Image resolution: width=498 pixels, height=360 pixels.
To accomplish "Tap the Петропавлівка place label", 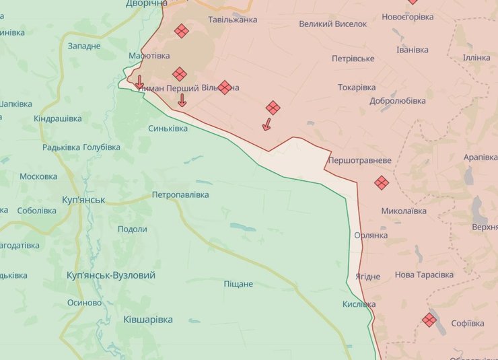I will pos(180,194).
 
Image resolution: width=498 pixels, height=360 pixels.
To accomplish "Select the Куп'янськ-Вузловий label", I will pos(111,275).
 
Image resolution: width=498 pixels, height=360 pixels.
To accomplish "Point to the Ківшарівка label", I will pos(148,319).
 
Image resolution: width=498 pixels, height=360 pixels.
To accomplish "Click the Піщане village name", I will pos(238,283).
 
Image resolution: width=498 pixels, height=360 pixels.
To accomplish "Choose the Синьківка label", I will pos(168,128).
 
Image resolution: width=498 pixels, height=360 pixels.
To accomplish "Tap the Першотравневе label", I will pos(359,161).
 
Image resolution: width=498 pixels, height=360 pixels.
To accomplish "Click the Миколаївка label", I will pos(404,211).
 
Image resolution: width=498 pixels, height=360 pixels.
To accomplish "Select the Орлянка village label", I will pos(371,236).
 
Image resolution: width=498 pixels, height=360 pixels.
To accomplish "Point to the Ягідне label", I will pos(364,277).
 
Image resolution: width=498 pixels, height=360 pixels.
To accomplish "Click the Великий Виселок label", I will pos(333,24).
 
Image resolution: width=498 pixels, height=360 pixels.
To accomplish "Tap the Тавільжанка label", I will pos(233,20).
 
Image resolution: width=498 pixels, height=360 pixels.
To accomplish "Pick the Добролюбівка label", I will pos(398,101).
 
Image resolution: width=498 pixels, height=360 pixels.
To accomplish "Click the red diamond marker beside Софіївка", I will pos(429,320).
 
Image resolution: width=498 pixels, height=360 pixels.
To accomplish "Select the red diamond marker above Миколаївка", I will pos(382,182).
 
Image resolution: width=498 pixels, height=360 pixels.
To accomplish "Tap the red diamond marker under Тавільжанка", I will pos(181,31).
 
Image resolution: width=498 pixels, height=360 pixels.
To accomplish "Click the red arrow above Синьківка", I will pos(182,101).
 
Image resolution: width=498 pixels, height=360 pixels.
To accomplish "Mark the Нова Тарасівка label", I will pos(424,275).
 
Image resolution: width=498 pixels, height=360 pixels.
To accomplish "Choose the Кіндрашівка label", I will pos(58,118).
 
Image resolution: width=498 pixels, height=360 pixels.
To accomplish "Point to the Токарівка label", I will pos(357,87).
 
